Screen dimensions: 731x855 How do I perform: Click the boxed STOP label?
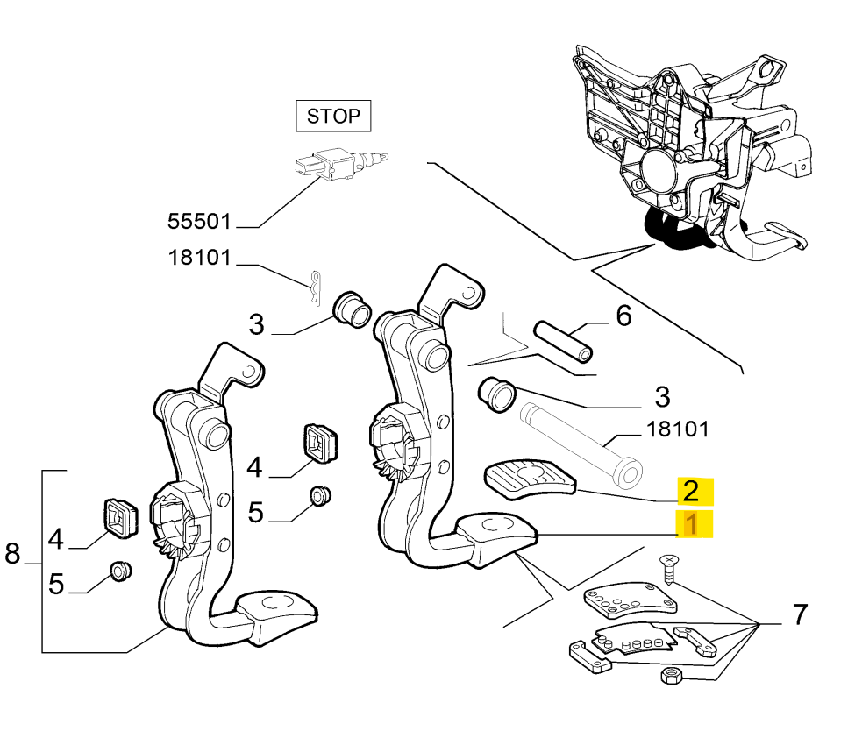point(333,115)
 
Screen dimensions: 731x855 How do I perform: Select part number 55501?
point(200,220)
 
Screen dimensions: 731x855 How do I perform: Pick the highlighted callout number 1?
point(692,525)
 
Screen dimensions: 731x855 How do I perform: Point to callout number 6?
point(623,316)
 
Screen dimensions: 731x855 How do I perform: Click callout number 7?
point(799,615)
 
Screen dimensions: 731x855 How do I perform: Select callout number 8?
point(12,553)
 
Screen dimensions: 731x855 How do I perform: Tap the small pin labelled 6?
point(563,342)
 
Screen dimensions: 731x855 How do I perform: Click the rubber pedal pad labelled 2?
point(530,479)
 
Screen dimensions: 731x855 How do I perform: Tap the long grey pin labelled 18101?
point(579,442)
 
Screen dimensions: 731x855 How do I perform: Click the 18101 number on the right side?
point(678,429)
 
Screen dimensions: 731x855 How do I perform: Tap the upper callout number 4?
point(254,467)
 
